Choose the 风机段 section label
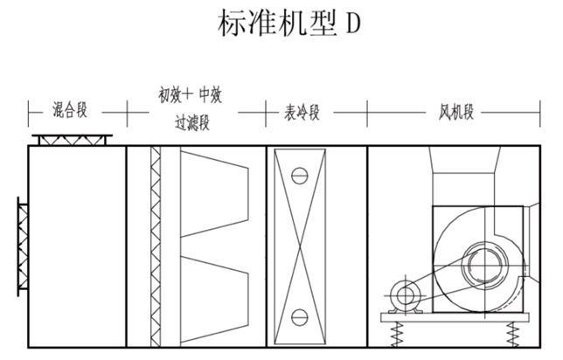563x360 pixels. (x=455, y=112)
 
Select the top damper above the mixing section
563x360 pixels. (x=71, y=140)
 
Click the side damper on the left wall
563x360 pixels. (x=22, y=246)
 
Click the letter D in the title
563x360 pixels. (x=351, y=24)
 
